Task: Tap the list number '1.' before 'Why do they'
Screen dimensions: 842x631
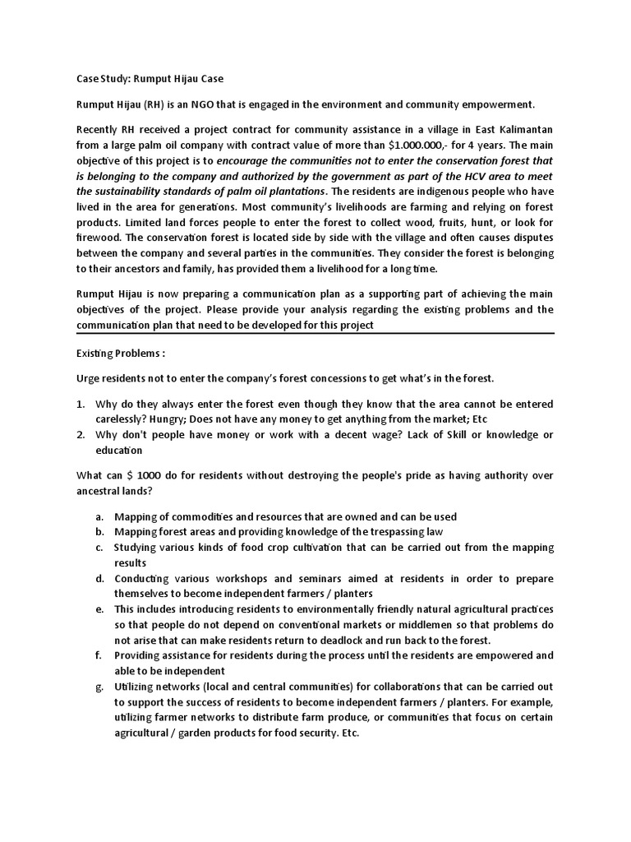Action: [x=81, y=405]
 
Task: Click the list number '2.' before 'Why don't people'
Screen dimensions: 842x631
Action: [x=81, y=435]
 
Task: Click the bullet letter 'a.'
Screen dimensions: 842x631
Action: [x=99, y=516]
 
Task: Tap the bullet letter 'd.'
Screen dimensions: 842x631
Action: [x=99, y=578]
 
